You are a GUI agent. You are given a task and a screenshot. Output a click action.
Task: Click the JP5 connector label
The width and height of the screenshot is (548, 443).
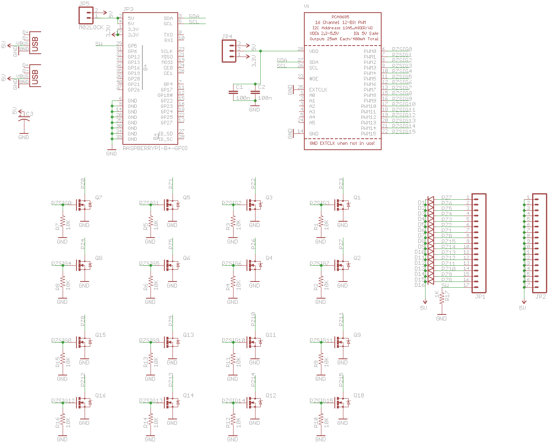click(84, 4)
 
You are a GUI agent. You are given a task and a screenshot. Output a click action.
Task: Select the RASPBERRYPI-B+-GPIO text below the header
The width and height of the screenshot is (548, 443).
click(155, 148)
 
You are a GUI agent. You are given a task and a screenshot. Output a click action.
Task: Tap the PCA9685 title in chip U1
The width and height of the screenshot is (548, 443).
click(340, 17)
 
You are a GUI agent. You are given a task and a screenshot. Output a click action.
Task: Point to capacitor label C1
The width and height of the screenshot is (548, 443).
click(239, 87)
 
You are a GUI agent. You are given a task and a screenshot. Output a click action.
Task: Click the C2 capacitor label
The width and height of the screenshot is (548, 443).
click(262, 87)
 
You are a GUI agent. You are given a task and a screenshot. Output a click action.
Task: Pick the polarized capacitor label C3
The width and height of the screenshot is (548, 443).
click(30, 114)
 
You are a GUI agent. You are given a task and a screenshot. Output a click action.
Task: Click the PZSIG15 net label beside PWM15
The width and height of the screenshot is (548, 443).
click(404, 131)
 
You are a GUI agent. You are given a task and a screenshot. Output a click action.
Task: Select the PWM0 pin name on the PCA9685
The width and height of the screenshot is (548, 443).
click(370, 52)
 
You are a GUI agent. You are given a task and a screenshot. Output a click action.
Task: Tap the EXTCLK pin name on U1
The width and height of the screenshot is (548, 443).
click(318, 90)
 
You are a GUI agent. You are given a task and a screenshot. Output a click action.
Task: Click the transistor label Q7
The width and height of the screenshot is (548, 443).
click(99, 198)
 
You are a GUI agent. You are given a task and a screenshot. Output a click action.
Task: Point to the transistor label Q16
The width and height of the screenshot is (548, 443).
click(100, 395)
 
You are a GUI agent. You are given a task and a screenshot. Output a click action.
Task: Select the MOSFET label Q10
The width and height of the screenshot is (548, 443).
click(359, 395)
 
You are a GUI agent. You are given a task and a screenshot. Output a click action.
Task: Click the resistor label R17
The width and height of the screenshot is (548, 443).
click(447, 296)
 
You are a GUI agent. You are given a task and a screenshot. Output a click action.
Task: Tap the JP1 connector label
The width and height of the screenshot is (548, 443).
click(480, 297)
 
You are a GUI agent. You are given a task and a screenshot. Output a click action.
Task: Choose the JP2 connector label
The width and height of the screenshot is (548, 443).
click(540, 297)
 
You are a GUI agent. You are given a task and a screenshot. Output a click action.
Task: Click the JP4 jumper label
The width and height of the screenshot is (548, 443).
click(227, 37)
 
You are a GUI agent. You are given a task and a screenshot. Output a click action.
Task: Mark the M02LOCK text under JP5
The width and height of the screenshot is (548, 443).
click(91, 27)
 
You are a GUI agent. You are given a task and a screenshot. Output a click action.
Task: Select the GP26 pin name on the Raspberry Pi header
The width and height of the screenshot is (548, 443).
click(134, 90)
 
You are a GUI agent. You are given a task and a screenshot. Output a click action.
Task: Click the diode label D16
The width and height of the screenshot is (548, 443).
click(419, 285)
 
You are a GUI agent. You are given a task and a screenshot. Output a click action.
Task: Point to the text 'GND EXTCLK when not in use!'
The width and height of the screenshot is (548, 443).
click(342, 144)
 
